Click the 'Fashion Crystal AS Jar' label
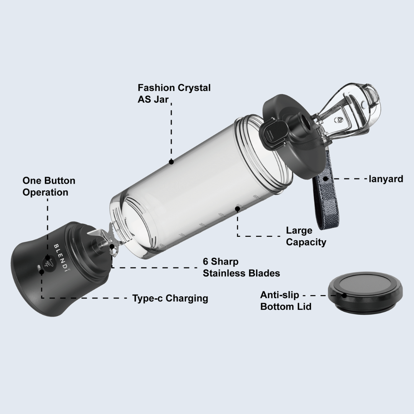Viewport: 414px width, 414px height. [174, 94]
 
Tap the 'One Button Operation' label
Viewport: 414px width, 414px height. [49, 186]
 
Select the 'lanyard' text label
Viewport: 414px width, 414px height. [386, 179]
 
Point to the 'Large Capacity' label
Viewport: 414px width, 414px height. [306, 236]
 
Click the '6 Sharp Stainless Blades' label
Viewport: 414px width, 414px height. [241, 267]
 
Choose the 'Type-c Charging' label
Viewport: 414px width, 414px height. [170, 298]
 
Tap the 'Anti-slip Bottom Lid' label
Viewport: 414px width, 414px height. [286, 301]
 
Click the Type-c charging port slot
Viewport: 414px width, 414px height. [39, 268]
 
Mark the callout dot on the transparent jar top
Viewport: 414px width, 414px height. [171, 162]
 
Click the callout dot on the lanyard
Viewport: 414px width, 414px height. [325, 179]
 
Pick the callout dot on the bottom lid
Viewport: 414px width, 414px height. [344, 296]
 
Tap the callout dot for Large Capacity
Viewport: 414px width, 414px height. [238, 209]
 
